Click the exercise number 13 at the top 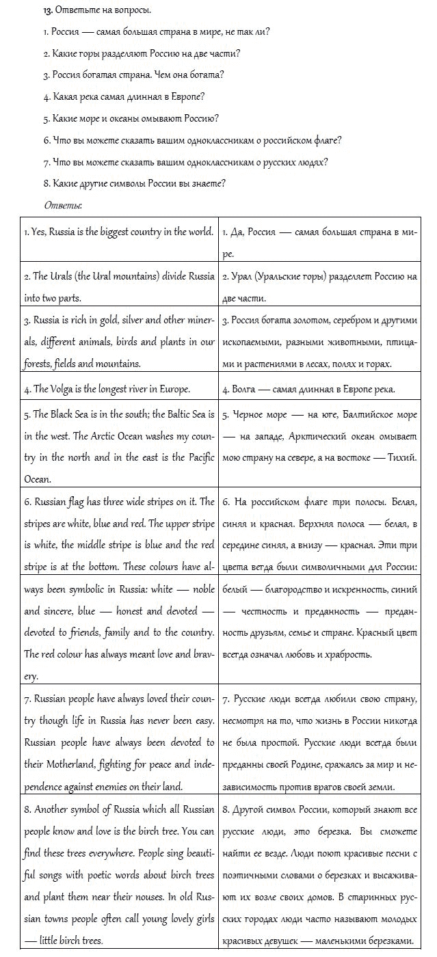[x=48, y=11]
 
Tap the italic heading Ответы [x=63, y=204]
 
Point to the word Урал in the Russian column [x=243, y=277]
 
